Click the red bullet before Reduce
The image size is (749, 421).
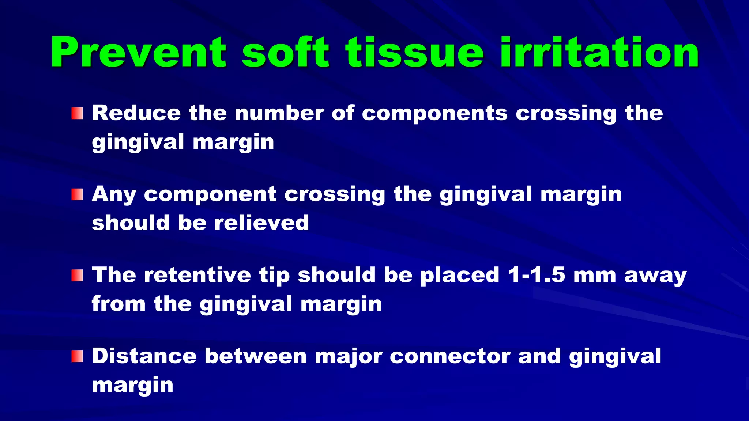[77, 113]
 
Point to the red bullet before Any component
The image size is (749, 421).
[77, 194]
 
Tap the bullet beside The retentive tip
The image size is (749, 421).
[77, 276]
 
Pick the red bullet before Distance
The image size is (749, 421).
[77, 356]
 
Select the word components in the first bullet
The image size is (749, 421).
[434, 113]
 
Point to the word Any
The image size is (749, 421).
[114, 194]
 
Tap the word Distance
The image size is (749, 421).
[144, 356]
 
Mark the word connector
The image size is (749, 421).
[450, 356]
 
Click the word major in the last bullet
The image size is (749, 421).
[348, 357]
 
